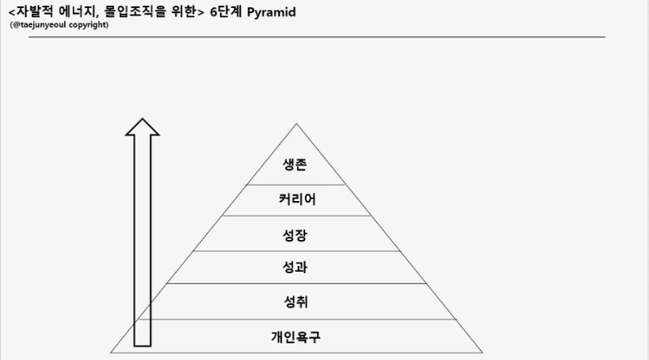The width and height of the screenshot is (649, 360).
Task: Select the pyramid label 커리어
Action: click(296, 200)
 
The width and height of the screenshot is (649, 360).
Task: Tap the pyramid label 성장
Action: click(296, 234)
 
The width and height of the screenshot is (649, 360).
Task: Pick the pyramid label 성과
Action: click(296, 268)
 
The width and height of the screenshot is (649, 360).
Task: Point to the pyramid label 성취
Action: click(296, 302)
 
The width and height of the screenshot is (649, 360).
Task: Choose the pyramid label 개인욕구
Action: click(296, 335)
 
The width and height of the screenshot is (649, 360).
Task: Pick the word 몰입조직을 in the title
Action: click(137, 11)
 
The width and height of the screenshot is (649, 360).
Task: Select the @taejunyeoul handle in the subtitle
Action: click(40, 25)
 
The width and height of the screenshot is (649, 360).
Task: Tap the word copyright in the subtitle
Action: click(88, 25)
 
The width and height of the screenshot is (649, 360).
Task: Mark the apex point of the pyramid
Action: click(296, 124)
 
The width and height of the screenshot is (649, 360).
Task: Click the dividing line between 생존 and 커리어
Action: click(296, 185)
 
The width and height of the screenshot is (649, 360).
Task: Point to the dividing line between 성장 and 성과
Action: click(296, 251)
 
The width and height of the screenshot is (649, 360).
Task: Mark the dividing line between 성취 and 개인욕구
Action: click(296, 319)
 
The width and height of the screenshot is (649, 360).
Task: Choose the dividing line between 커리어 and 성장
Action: click(296, 216)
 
